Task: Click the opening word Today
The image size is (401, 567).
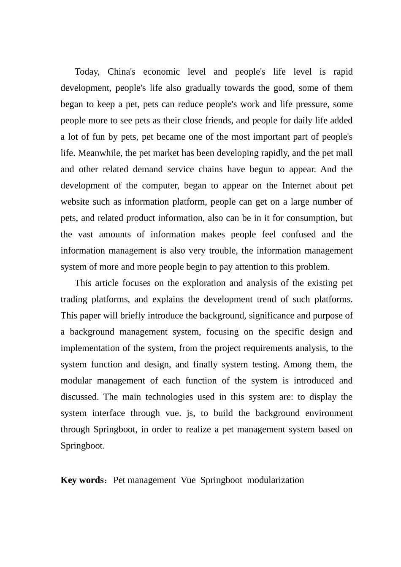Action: (x=87, y=72)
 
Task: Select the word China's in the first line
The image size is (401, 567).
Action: (x=121, y=72)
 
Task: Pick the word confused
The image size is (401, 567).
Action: (x=299, y=235)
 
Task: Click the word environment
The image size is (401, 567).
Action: (x=328, y=413)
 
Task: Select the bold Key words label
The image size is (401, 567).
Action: (x=83, y=480)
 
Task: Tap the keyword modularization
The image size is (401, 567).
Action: (x=275, y=480)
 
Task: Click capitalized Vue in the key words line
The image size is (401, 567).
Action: (x=188, y=480)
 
